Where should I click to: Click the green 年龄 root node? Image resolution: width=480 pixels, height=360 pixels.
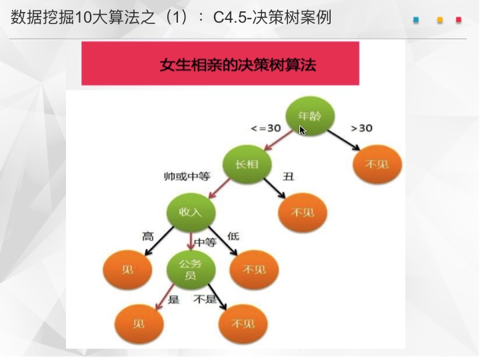(x=310, y=116)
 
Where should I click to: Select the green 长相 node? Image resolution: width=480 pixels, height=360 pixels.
(x=247, y=165)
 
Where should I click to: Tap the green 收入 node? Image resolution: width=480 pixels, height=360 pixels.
(x=191, y=212)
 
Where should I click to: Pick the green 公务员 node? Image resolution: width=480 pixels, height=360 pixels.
(x=191, y=270)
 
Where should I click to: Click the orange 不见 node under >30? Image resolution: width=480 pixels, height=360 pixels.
(x=377, y=165)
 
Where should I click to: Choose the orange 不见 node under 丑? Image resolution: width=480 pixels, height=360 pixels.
(x=303, y=212)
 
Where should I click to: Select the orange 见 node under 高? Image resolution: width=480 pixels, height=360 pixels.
(x=127, y=270)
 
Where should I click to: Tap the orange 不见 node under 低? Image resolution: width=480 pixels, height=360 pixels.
(x=254, y=270)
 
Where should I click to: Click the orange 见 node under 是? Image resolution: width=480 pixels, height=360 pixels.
(x=139, y=324)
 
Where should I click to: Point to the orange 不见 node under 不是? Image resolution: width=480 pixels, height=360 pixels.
(x=243, y=324)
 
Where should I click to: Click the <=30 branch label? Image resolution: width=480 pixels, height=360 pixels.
(x=266, y=128)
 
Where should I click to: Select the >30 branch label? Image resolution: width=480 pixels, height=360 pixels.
(x=361, y=128)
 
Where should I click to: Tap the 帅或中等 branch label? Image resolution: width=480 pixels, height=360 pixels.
(x=187, y=176)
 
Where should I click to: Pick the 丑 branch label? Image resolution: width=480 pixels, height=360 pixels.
(x=288, y=176)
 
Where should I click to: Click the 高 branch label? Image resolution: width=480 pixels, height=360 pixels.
(x=148, y=236)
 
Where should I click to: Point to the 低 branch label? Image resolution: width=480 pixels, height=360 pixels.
(x=233, y=236)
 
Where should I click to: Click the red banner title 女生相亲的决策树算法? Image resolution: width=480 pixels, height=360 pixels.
(x=237, y=65)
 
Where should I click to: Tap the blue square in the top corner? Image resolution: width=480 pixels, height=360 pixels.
(x=416, y=20)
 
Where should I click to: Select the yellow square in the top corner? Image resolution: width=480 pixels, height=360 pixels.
(x=440, y=20)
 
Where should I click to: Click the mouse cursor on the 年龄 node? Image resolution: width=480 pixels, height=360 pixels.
(x=303, y=130)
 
